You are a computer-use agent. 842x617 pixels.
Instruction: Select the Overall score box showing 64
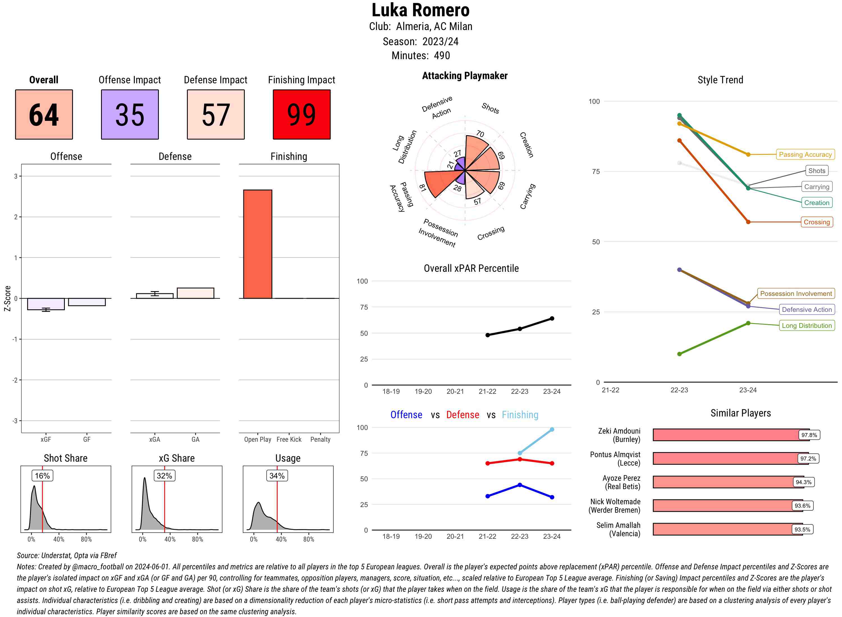[44, 114]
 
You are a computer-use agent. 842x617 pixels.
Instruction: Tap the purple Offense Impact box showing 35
[130, 114]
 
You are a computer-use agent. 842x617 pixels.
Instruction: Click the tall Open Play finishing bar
[257, 244]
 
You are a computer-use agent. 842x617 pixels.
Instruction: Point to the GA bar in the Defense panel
[195, 293]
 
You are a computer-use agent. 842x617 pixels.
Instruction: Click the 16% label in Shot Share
[42, 475]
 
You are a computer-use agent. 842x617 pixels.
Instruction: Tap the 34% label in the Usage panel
[277, 475]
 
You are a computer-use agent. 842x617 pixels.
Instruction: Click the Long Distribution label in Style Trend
[807, 325]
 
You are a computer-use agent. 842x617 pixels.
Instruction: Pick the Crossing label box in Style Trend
[816, 222]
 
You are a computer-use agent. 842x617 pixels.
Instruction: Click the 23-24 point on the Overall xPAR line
[552, 318]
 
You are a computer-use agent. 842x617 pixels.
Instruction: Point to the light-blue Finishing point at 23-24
[552, 429]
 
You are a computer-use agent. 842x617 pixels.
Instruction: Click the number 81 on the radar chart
[423, 188]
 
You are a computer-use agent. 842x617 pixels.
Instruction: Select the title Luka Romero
[420, 10]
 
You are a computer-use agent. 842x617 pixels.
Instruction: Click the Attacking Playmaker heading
[465, 76]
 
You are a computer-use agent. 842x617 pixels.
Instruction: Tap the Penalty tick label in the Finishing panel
[320, 439]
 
